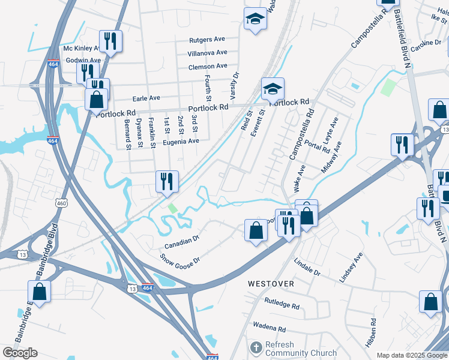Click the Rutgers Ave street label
(x=207, y=40)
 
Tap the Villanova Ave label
(x=207, y=53)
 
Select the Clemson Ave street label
(x=208, y=66)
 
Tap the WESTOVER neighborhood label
(x=271, y=283)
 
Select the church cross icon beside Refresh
(x=256, y=348)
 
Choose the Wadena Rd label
(x=269, y=328)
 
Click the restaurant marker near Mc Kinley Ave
(x=110, y=41)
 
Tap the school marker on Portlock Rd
(x=273, y=89)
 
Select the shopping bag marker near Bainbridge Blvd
(x=39, y=292)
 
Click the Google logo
(x=20, y=353)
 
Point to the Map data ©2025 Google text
(x=411, y=355)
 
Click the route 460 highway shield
(x=61, y=204)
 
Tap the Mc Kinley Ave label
(x=82, y=49)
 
